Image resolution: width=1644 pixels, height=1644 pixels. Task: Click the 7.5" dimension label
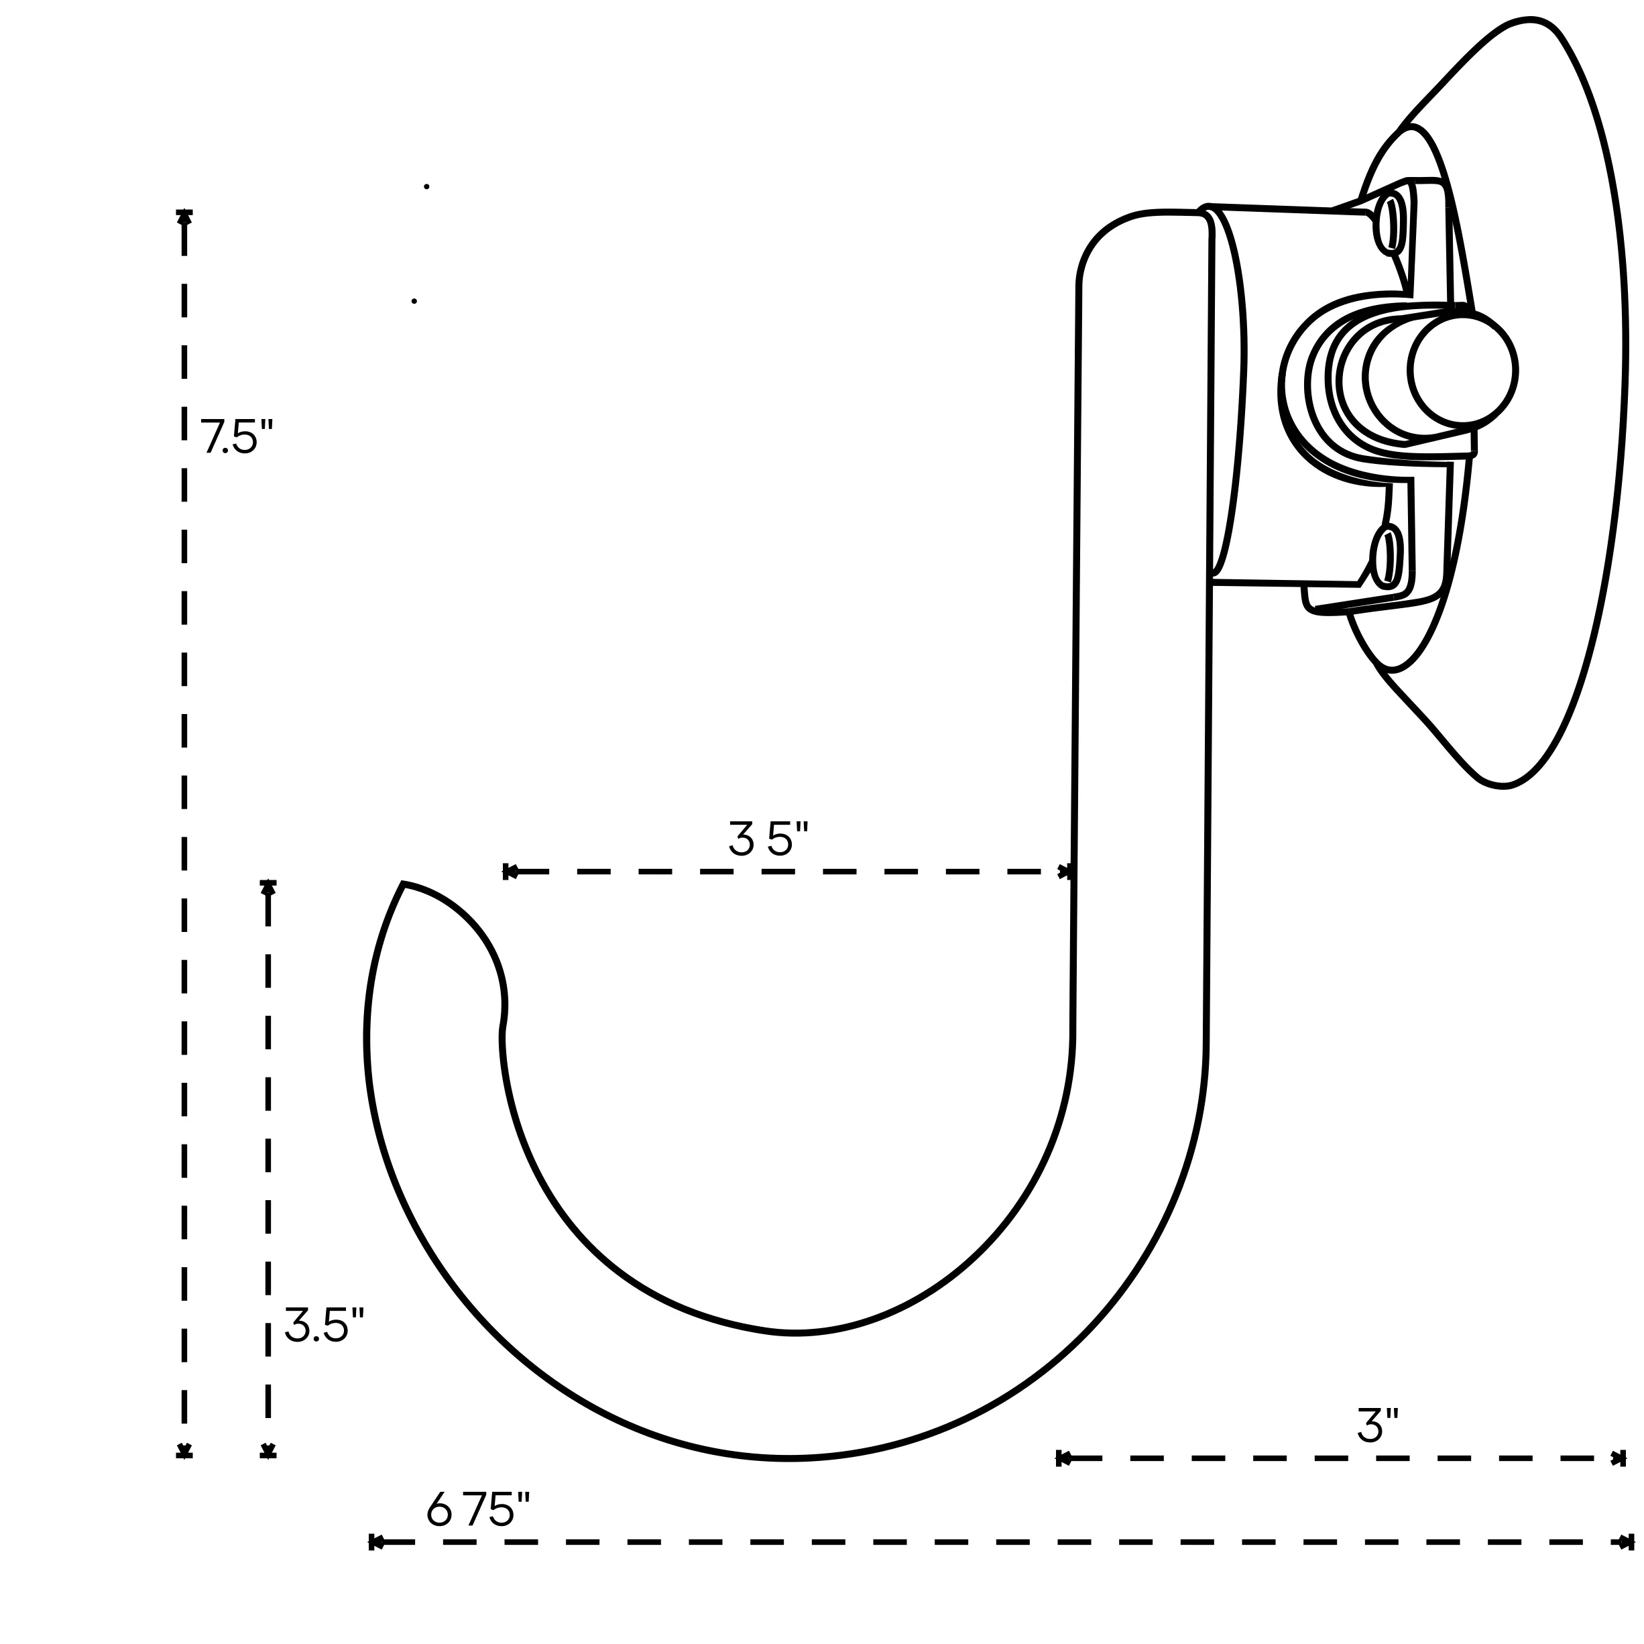pos(236,436)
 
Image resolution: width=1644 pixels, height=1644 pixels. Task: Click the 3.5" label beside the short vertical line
pos(323,1325)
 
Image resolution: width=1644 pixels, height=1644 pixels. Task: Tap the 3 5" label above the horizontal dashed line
pos(768,839)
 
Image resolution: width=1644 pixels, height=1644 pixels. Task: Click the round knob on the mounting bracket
pos(1462,370)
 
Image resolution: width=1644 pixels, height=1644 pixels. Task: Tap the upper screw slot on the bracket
pos(1391,224)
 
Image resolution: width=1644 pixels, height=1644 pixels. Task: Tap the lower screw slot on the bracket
pos(1387,556)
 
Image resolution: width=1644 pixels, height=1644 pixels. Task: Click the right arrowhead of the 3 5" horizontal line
pos(1066,872)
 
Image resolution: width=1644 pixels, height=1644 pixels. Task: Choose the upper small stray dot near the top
pos(426,186)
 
